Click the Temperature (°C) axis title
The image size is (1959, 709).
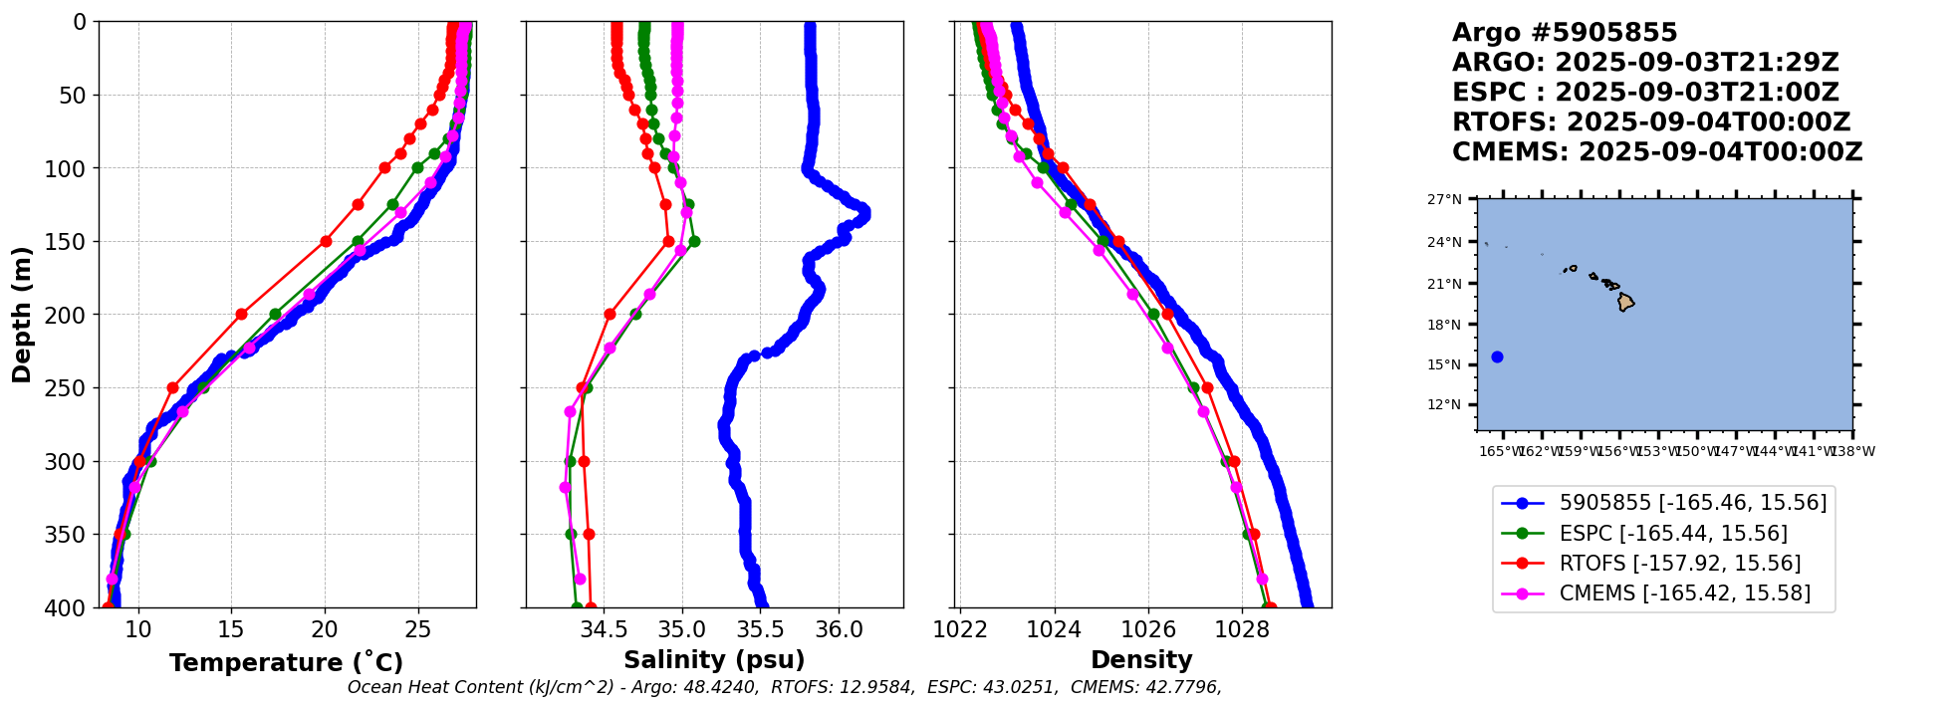286,663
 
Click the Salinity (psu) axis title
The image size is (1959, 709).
714,660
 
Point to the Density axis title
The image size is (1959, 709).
1141,660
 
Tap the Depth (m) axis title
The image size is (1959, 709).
22,315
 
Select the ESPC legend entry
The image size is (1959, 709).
1673,534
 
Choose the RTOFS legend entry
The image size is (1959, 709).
1679,564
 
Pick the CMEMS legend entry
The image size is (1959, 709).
1684,593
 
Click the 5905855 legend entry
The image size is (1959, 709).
1692,503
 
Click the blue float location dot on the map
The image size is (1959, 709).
1497,356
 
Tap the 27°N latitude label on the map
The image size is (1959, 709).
1444,200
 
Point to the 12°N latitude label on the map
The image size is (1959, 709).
1444,405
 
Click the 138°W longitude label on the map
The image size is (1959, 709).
1852,451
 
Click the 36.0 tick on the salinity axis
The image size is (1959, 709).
839,629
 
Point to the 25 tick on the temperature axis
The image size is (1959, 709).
418,629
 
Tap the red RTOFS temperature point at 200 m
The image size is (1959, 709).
241,314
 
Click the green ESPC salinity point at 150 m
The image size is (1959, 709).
694,241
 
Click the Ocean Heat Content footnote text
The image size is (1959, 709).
784,687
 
